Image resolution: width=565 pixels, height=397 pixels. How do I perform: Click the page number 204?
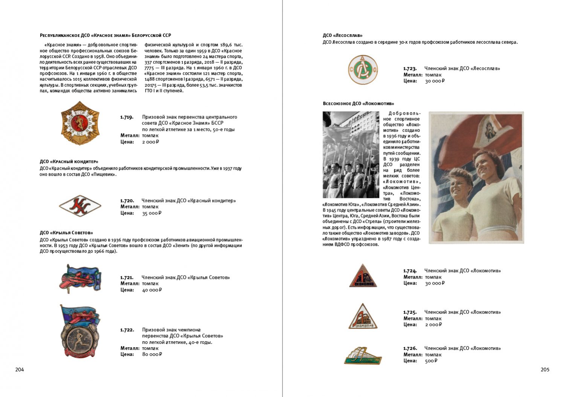click(x=20, y=369)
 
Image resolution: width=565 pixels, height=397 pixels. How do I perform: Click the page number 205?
click(x=545, y=369)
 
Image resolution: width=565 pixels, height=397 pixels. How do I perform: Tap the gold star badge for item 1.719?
click(x=80, y=123)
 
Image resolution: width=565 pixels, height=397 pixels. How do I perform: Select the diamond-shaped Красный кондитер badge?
click(x=80, y=206)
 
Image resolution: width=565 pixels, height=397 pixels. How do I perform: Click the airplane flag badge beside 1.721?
click(x=80, y=278)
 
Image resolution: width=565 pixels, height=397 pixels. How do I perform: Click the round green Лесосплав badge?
click(x=362, y=69)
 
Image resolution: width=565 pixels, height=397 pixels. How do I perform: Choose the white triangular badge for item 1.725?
click(x=363, y=317)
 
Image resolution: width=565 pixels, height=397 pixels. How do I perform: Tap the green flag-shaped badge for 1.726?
click(x=363, y=356)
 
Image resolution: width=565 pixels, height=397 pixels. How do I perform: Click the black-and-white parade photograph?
click(x=351, y=155)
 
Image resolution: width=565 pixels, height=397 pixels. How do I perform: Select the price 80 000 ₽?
click(x=152, y=354)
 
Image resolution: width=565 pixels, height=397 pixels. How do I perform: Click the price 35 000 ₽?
click(x=151, y=213)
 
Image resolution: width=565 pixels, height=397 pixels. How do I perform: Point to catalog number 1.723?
click(x=410, y=69)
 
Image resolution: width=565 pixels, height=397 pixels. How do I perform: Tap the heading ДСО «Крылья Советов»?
click(x=66, y=233)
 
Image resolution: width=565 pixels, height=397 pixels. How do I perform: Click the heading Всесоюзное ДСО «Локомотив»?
click(x=358, y=103)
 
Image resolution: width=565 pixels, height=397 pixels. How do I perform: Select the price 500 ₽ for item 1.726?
click(x=431, y=361)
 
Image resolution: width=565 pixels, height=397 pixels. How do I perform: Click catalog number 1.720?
click(x=127, y=201)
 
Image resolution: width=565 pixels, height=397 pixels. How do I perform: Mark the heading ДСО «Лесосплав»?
click(x=342, y=35)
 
